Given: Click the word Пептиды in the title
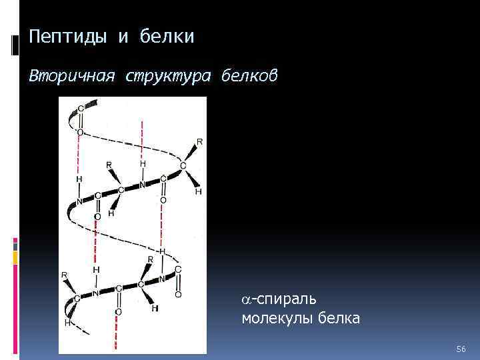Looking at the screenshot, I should [x=67, y=37].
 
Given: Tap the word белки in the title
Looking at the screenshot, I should [x=167, y=37].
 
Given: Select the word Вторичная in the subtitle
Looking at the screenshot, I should [x=63, y=77].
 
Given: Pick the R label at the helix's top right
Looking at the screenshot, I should [x=199, y=141].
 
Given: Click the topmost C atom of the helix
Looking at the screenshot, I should [x=81, y=109].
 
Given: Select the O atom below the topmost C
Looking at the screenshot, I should [x=80, y=132].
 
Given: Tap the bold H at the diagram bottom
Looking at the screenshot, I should [x=155, y=309].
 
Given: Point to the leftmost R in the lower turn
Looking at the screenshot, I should [x=65, y=275].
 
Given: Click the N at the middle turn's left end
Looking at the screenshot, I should [x=79, y=202].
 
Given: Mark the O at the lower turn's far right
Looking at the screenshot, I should [x=178, y=294].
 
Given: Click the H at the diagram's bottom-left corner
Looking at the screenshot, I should [x=67, y=322].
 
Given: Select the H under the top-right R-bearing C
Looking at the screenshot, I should [x=198, y=191].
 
